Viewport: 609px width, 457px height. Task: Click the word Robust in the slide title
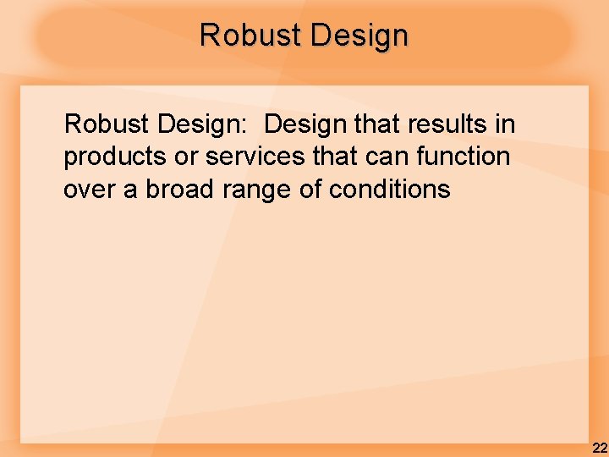(x=250, y=36)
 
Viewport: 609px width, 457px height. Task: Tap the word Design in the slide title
(x=359, y=36)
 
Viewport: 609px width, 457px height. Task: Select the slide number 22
(x=599, y=448)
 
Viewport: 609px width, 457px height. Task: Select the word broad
(x=180, y=190)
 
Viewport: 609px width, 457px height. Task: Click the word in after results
(x=505, y=125)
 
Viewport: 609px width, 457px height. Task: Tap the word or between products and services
(x=190, y=157)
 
